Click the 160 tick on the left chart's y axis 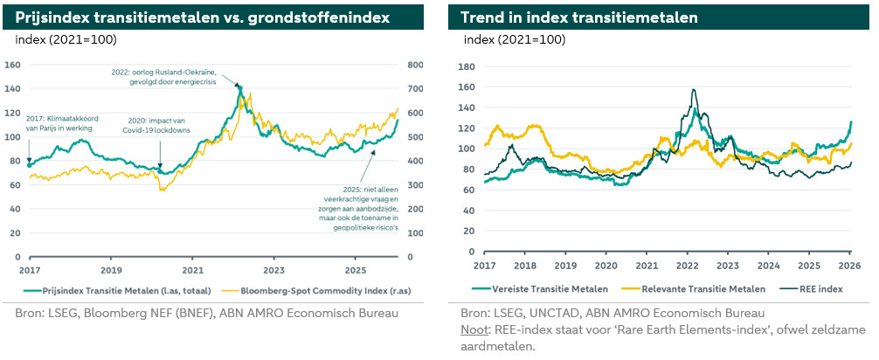coord(13,65)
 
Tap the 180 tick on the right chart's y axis coord(467,66)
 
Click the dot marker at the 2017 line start coord(29,164)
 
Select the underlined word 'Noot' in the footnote coord(475,329)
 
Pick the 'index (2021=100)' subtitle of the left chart coord(66,40)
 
